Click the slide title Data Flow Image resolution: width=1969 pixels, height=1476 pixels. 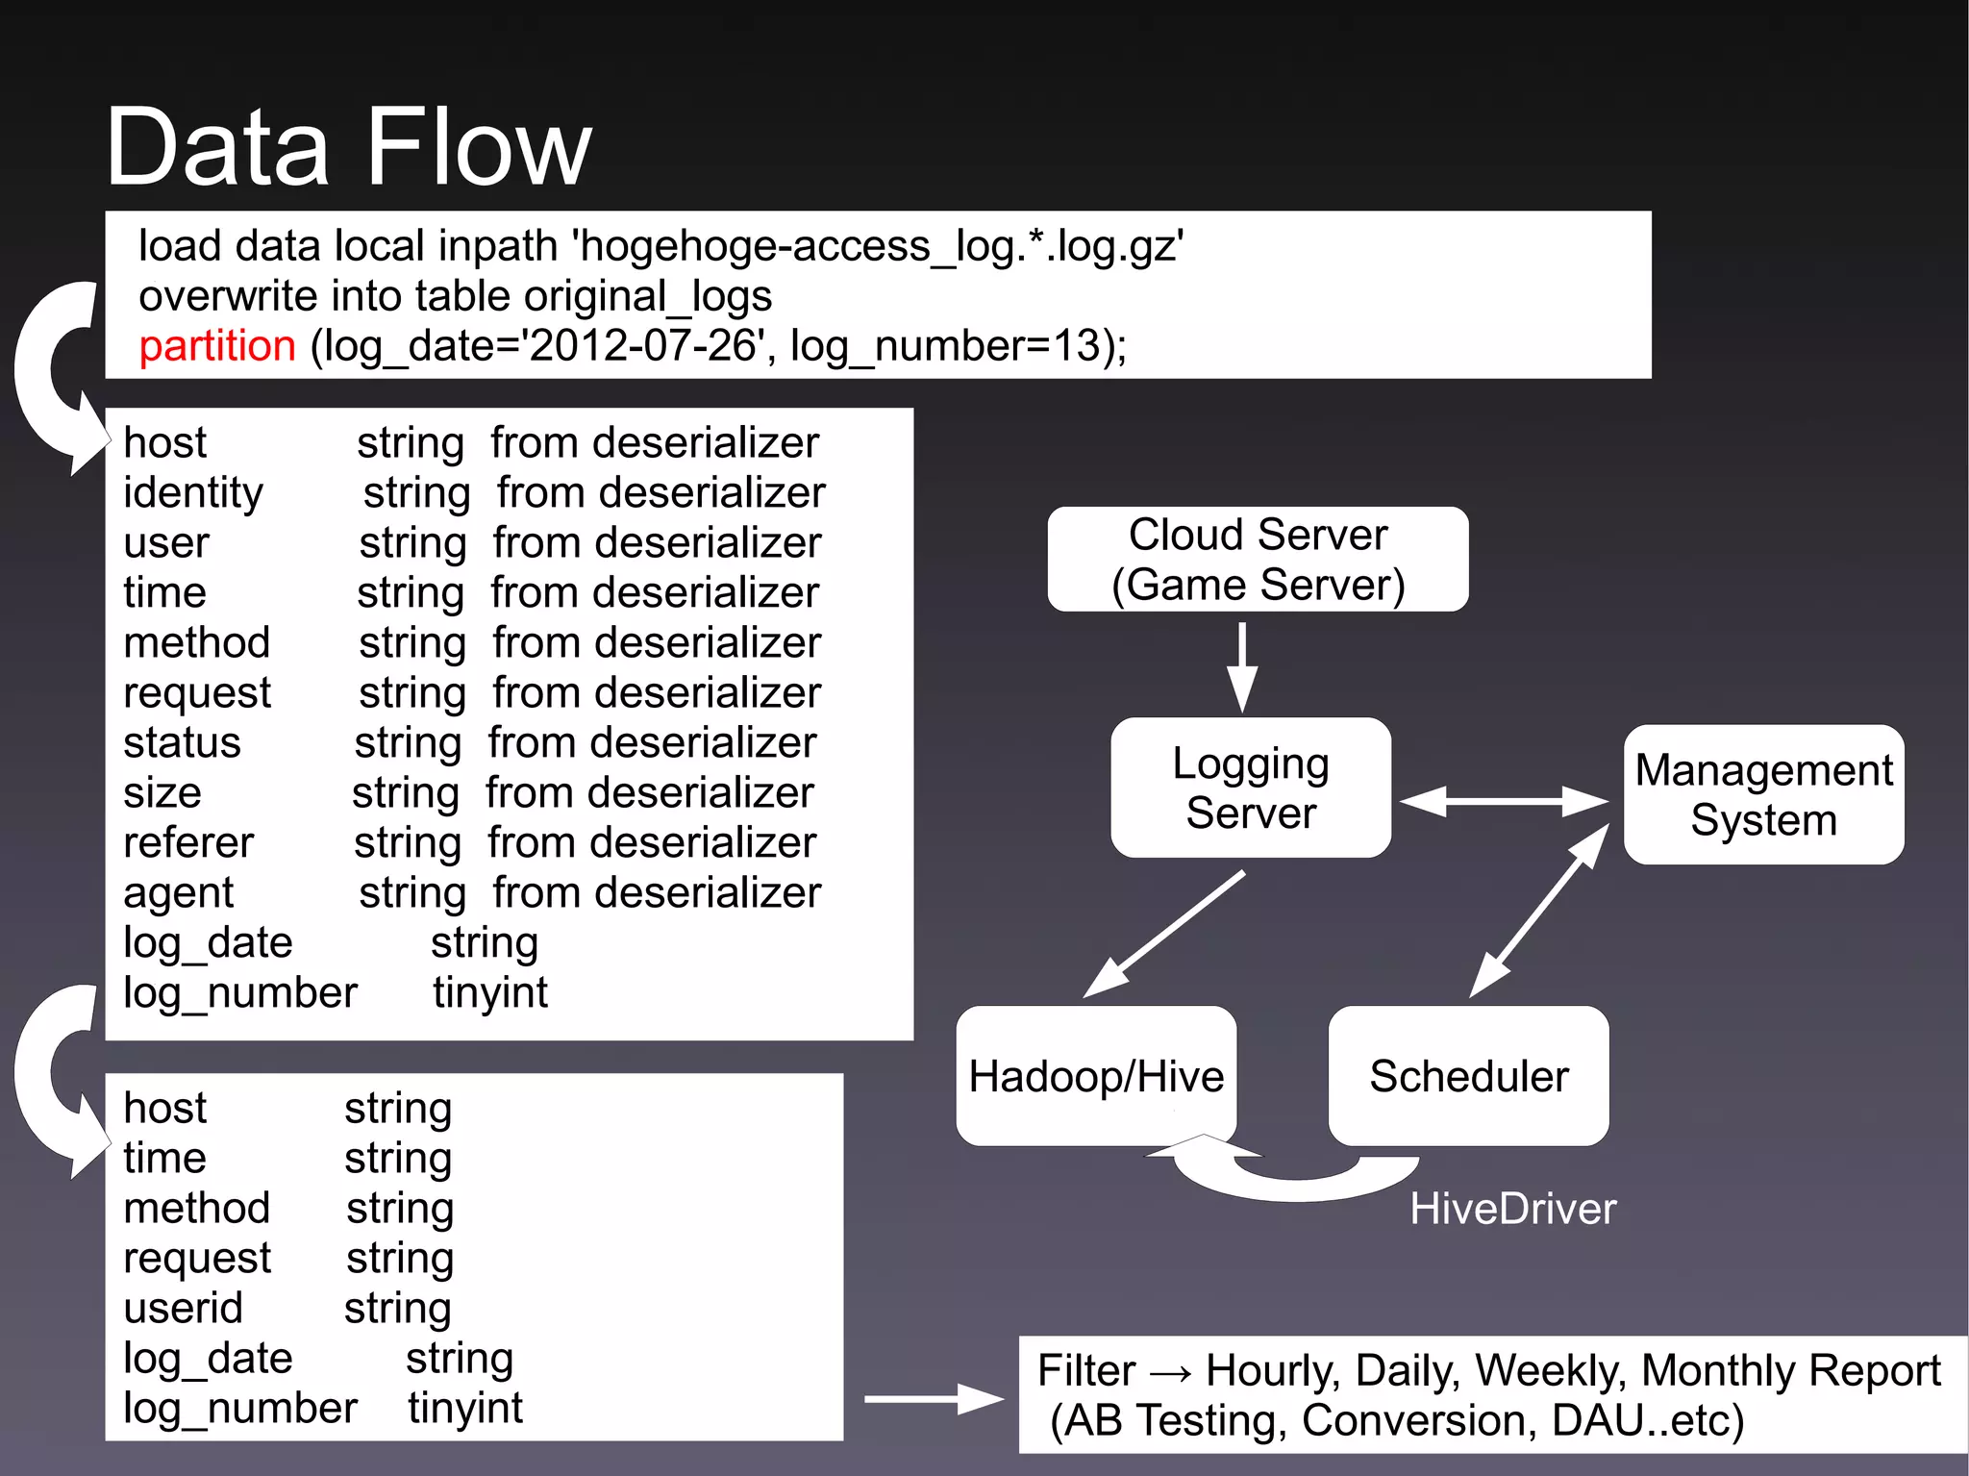pos(348,147)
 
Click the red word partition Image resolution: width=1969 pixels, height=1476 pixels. pos(216,346)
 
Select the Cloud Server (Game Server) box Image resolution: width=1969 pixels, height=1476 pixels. pos(1258,560)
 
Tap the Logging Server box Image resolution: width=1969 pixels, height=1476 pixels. pos(1250,788)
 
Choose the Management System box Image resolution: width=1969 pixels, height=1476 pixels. pos(1763,794)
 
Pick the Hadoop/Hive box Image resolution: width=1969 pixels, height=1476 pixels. pos(1096,1076)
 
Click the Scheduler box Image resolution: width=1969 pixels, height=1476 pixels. pos(1468,1076)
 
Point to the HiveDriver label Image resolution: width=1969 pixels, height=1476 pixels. pos(1512,1209)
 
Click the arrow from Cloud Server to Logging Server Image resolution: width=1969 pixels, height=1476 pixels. pos(1242,666)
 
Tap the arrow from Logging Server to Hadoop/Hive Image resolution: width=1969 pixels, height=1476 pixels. pos(1163,935)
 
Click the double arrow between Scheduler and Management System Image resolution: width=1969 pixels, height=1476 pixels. pos(1538,911)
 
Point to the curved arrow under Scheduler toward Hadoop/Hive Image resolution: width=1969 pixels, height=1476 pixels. pos(1288,1178)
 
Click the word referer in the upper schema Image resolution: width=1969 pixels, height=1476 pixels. pos(188,842)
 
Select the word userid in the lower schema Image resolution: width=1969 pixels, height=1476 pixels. pos(183,1308)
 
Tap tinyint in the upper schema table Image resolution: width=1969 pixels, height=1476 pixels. pos(490,992)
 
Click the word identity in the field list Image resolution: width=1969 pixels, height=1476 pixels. pos(192,492)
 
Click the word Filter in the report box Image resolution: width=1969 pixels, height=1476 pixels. pos(1086,1370)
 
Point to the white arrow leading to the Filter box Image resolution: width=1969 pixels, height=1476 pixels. pos(933,1399)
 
